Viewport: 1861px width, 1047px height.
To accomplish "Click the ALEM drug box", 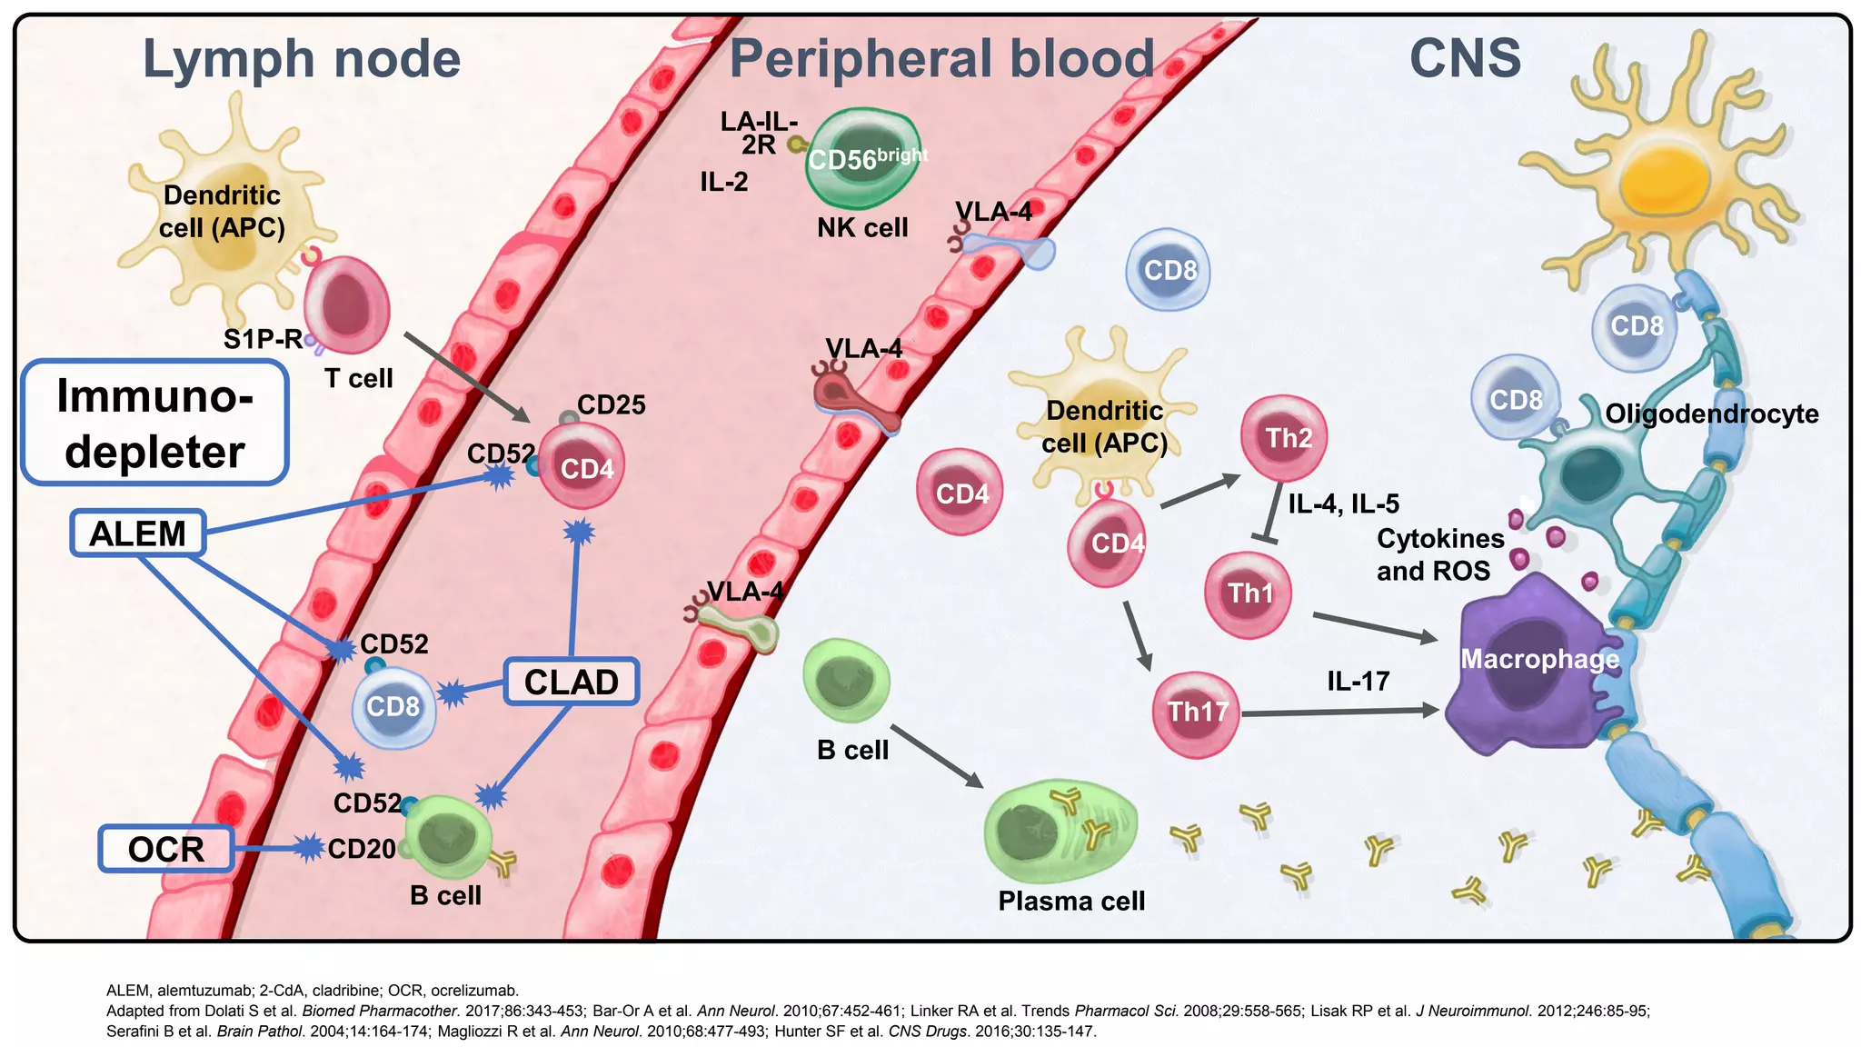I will click(137, 533).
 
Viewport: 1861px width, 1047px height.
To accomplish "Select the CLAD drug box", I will click(571, 682).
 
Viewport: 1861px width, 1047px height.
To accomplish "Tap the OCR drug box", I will click(165, 849).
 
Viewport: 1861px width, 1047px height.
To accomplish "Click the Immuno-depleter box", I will click(154, 424).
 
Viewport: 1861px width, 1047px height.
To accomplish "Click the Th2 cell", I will click(1283, 438).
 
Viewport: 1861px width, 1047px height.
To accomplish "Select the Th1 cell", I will click(1248, 594).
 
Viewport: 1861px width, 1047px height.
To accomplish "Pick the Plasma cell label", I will click(1071, 901).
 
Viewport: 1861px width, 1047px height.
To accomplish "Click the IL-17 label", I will click(1358, 681).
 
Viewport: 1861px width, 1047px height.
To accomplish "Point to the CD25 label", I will click(611, 404).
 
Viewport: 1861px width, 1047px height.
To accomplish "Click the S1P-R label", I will click(263, 339).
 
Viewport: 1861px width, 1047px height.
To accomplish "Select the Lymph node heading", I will click(302, 59).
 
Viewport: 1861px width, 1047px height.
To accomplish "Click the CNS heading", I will click(1465, 59).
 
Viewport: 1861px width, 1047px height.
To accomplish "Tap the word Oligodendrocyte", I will click(1711, 414).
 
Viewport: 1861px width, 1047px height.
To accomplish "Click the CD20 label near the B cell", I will click(361, 849).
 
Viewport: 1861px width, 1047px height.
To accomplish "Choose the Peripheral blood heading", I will click(941, 59).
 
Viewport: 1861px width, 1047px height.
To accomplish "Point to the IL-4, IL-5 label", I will click(1343, 504).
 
